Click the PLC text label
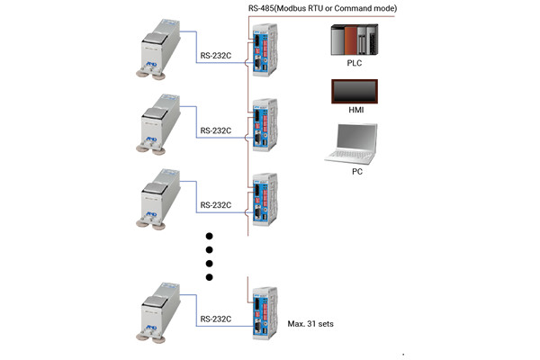pos(354,65)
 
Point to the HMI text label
pos(354,111)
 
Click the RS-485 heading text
pos(321,8)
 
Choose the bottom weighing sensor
pos(161,311)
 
